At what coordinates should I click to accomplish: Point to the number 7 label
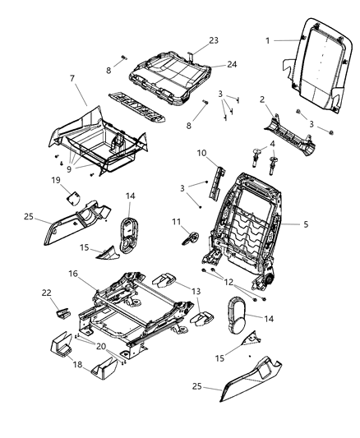(x=72, y=78)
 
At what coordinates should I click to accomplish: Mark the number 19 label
(x=57, y=179)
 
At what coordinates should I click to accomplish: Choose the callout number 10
(x=201, y=154)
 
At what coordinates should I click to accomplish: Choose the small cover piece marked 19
(x=72, y=196)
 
